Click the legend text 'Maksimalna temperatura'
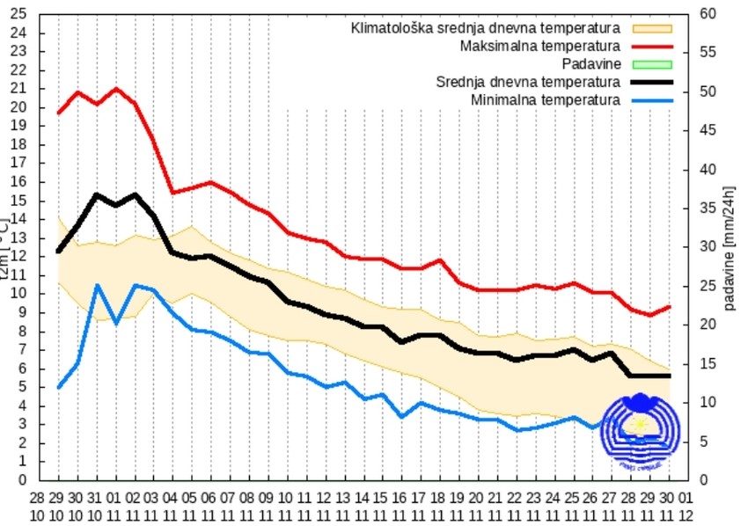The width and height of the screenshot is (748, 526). coord(540,46)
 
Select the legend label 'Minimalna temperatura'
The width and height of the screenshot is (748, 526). coord(545,100)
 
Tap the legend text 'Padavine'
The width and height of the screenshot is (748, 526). coord(591,64)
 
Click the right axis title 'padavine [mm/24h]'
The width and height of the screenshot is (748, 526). coord(730,247)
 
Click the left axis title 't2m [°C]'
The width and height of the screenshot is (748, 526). coord(6,247)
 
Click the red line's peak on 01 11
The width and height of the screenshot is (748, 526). coord(115,89)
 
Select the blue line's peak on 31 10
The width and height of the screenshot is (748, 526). coord(97,285)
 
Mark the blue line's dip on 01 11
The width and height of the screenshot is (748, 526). coord(116,324)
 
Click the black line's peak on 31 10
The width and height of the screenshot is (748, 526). coord(97,194)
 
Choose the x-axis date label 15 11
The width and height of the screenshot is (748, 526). coord(381,507)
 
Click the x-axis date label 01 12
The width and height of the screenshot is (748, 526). coord(686,507)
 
